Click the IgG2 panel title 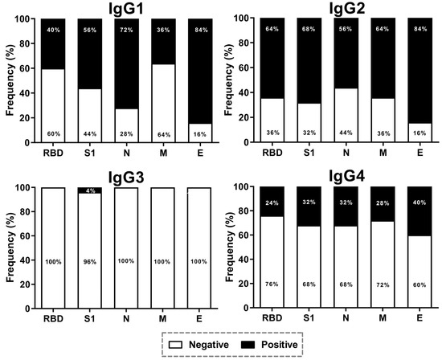339,9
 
